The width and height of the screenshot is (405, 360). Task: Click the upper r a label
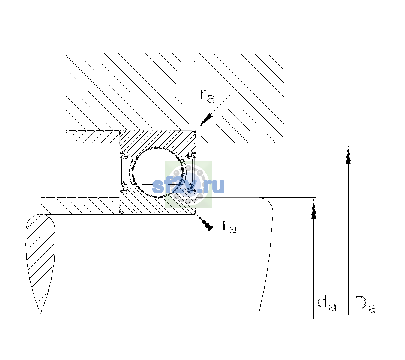pyautogui.click(x=207, y=96)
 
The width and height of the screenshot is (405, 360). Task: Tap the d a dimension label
pyautogui.click(x=327, y=304)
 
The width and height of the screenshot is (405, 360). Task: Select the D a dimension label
pyautogui.click(x=365, y=304)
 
